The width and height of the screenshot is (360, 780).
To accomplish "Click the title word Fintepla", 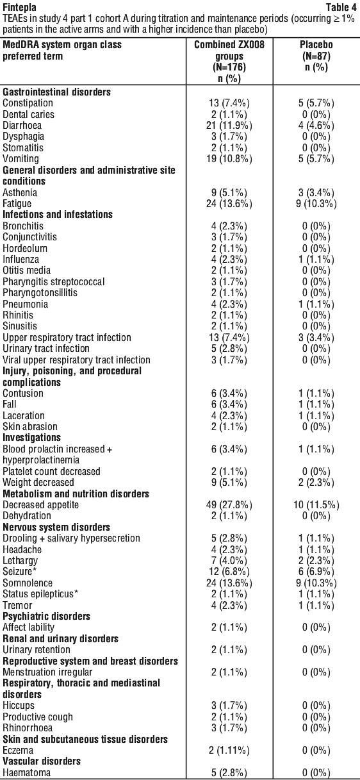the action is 19,7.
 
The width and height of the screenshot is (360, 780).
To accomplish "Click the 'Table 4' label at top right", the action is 340,7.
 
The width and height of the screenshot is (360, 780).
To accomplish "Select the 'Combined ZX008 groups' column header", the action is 229,50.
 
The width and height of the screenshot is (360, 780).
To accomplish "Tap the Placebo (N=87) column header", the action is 316,50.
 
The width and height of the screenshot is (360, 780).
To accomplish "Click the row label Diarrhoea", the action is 22,126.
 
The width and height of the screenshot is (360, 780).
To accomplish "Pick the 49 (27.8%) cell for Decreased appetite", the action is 229,504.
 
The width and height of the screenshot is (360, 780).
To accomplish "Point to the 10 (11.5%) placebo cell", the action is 316,504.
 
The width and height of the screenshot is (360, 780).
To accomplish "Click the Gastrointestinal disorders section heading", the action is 57,92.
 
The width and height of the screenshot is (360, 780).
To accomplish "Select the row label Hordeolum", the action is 25,248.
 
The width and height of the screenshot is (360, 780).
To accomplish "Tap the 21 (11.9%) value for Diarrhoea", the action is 229,126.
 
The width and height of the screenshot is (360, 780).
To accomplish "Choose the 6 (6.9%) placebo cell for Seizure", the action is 316,572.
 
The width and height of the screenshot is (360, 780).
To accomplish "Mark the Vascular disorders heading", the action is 42,761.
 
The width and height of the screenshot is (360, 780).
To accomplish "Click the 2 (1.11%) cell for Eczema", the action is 229,750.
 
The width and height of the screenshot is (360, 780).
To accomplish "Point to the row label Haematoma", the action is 26,772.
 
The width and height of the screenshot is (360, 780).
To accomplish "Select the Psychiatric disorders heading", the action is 46,616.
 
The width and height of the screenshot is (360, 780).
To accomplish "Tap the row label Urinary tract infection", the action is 46,348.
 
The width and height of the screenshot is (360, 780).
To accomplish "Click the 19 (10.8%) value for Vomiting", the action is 229,159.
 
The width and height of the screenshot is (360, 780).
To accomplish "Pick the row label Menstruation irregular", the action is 47,672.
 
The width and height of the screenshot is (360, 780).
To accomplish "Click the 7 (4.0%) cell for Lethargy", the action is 229,560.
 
